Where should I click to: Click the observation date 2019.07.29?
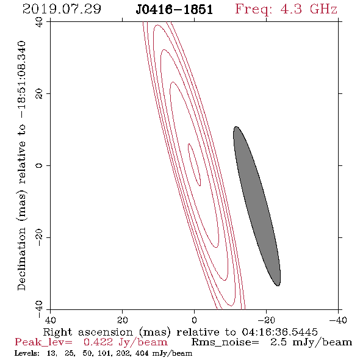62,9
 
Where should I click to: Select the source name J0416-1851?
175,9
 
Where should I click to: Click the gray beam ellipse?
257,206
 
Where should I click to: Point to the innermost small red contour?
194,165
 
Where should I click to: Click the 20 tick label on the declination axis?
39,94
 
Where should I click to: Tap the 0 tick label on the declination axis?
39,165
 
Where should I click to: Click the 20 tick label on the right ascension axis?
123,320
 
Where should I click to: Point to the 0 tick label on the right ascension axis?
194,320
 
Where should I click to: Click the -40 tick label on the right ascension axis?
337,320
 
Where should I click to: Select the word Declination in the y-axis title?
21,259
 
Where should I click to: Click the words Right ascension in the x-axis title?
88,332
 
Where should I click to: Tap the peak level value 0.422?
98,342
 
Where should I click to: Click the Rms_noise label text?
225,342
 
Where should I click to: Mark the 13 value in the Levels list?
51,353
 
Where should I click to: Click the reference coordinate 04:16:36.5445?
279,332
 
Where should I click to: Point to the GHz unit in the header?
323,9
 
